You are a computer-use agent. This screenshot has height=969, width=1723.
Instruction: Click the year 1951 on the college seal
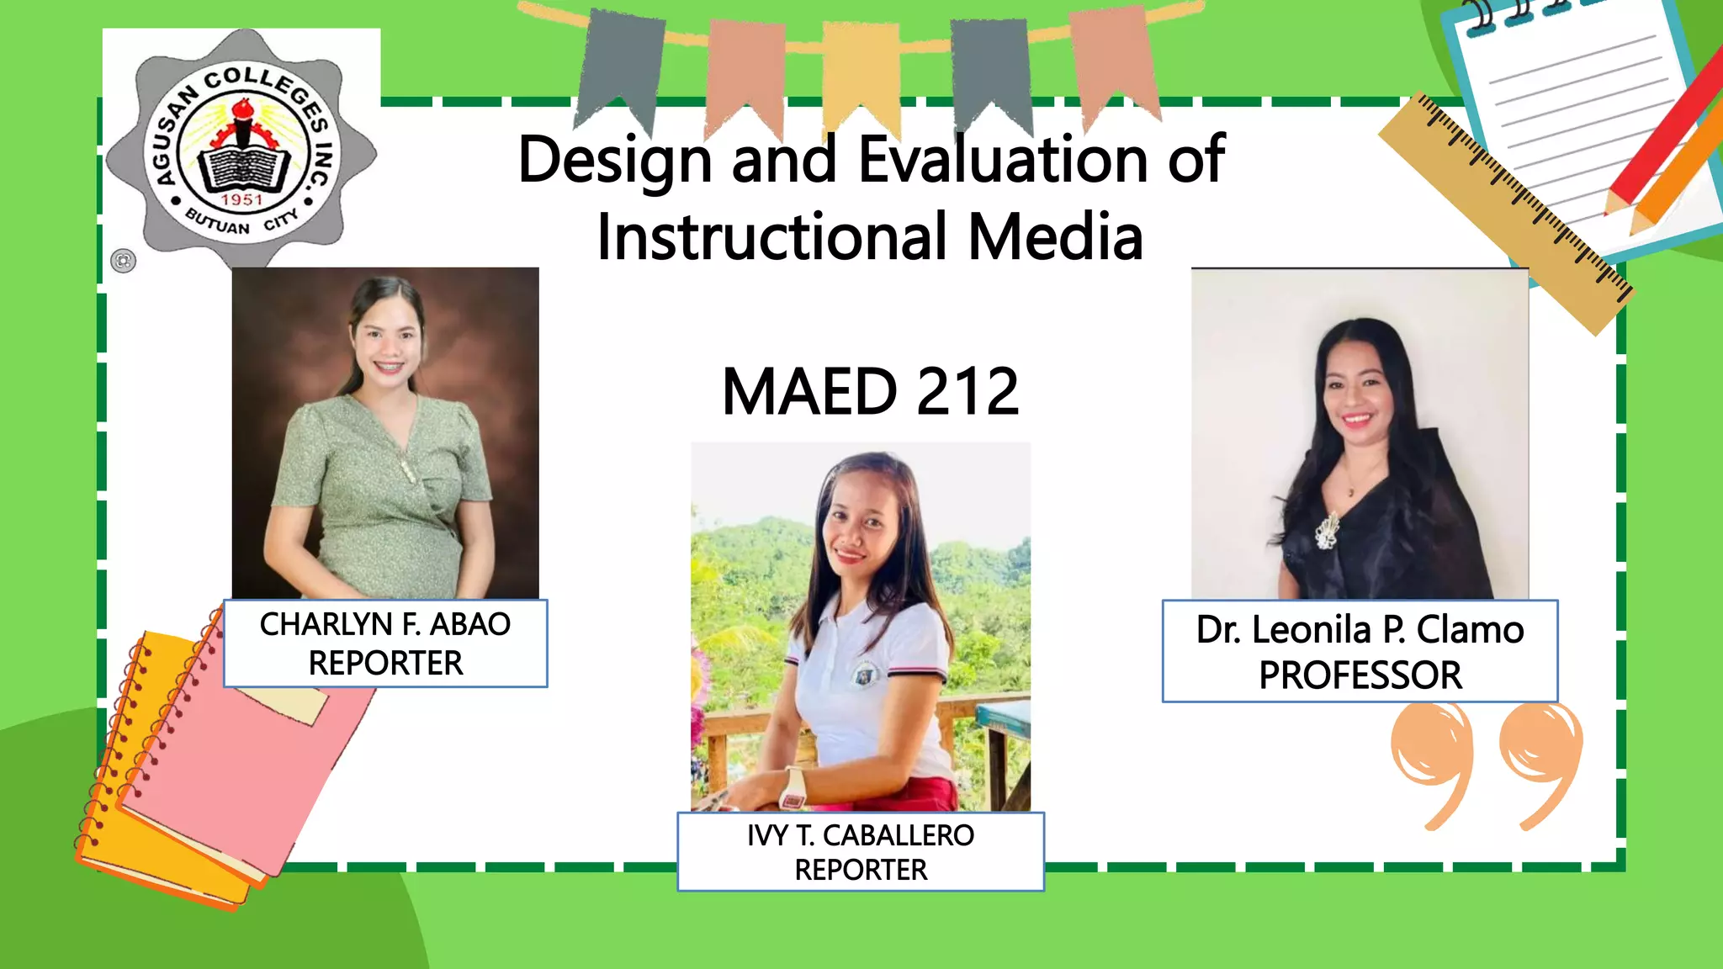click(x=242, y=200)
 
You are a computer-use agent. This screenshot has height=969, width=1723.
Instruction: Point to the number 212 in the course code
click(x=968, y=392)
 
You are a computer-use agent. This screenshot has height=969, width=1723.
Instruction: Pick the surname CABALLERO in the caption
click(x=898, y=835)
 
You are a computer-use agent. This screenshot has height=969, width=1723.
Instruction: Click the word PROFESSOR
click(x=1360, y=675)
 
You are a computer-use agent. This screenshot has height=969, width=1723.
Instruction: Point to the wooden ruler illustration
click(x=1506, y=210)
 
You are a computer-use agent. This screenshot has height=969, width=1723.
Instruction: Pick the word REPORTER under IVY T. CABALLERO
click(x=861, y=870)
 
